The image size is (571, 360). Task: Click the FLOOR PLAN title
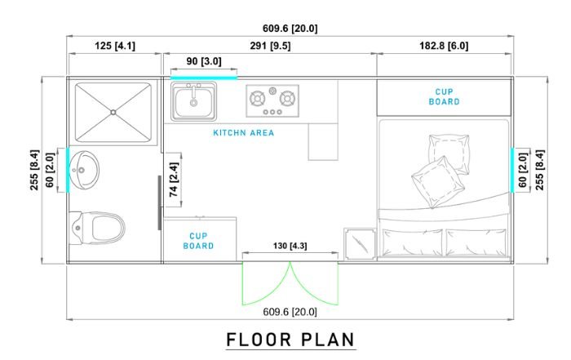[x=290, y=340]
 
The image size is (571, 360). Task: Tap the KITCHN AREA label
[x=244, y=132]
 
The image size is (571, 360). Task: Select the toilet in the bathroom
[x=98, y=228]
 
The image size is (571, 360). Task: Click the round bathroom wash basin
[x=84, y=170]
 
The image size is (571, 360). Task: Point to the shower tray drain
[x=113, y=113]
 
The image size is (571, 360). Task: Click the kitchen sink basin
[x=194, y=101]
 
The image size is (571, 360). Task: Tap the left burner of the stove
[x=258, y=99]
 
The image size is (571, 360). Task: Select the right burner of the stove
[x=287, y=99]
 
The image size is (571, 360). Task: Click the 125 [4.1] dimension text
[x=115, y=46]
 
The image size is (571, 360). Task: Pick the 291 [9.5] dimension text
[x=270, y=46]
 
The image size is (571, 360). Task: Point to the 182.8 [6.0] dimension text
[x=444, y=46]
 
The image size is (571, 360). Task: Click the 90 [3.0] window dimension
[x=204, y=61]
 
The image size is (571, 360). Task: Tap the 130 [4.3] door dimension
[x=290, y=246]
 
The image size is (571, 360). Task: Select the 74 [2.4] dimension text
[x=174, y=180]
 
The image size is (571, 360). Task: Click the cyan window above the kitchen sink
[x=204, y=78]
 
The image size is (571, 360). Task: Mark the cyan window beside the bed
[x=512, y=170]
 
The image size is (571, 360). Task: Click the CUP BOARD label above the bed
[x=444, y=97]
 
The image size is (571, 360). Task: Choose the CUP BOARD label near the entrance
[x=198, y=241]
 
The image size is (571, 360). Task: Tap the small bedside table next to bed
[x=361, y=244]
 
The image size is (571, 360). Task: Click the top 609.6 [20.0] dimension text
[x=290, y=29]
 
